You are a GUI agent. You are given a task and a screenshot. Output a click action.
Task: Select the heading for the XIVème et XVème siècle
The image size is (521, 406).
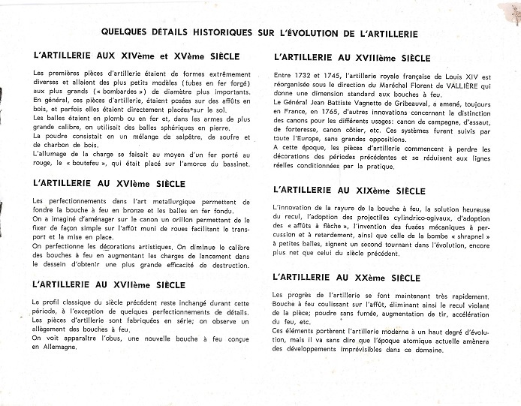(137, 56)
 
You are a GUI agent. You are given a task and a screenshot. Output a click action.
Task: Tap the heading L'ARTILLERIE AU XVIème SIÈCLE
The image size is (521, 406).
(110, 182)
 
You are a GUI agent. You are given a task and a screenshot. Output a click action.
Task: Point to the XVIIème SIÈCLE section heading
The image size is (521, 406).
(110, 285)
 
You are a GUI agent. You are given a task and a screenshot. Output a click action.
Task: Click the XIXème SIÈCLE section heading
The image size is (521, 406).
(350, 191)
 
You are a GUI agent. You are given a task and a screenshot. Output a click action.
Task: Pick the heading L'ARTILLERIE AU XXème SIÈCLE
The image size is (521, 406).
(347, 278)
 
